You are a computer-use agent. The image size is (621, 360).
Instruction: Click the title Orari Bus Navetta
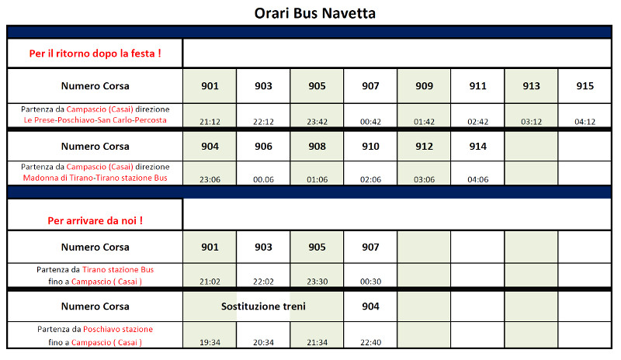pyautogui.click(x=310, y=13)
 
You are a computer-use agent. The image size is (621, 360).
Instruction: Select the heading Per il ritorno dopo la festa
pyautogui.click(x=95, y=54)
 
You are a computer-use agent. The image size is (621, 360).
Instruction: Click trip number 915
pyautogui.click(x=585, y=86)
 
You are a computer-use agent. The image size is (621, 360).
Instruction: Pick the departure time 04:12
pyautogui.click(x=585, y=121)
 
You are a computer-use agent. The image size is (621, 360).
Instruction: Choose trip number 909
pyautogui.click(x=425, y=86)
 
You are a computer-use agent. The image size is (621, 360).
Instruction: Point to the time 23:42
pyautogui.click(x=317, y=121)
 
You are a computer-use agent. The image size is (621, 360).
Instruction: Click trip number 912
pyautogui.click(x=425, y=146)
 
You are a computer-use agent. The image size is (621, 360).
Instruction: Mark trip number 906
pyautogui.click(x=263, y=146)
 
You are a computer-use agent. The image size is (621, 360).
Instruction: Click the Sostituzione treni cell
pyautogui.click(x=263, y=306)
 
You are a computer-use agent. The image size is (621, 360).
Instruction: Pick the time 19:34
pyautogui.click(x=210, y=342)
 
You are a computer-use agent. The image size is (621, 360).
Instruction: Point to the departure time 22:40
pyautogui.click(x=370, y=342)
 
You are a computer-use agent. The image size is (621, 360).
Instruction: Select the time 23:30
pyautogui.click(x=317, y=282)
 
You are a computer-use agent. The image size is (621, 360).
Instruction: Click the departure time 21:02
pyautogui.click(x=210, y=282)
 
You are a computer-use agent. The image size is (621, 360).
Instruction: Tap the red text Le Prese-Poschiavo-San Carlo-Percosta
pyautogui.click(x=95, y=120)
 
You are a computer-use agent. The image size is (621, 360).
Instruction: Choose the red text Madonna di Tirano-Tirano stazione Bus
pyautogui.click(x=95, y=178)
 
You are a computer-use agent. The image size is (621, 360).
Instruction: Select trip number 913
pyautogui.click(x=532, y=86)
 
